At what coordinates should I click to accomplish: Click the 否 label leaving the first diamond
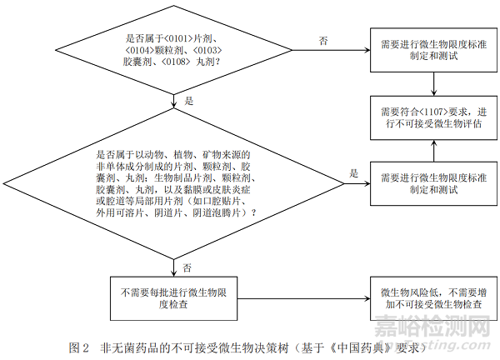click(323, 40)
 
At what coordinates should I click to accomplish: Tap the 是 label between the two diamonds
click(187, 100)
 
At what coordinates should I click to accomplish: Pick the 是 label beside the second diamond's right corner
click(353, 172)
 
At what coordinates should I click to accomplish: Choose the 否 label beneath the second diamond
click(187, 267)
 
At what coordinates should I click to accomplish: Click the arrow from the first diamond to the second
click(173, 105)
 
